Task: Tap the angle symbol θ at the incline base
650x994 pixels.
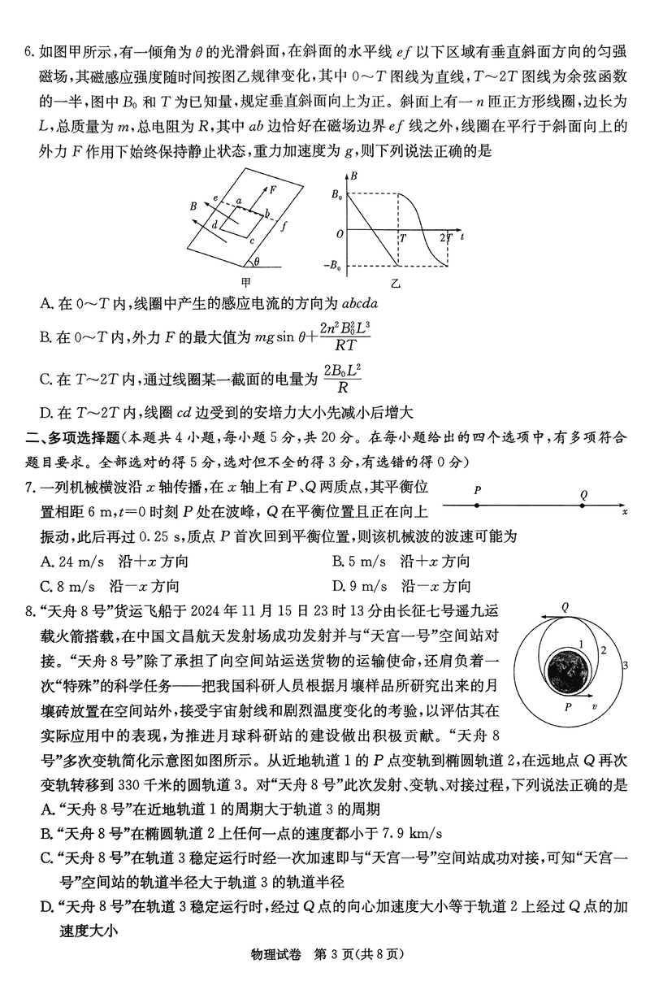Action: pyautogui.click(x=257, y=263)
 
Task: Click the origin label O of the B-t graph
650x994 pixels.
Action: pyautogui.click(x=339, y=234)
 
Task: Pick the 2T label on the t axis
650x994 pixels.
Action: pyautogui.click(x=446, y=238)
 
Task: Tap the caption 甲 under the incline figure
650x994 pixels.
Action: pyautogui.click(x=246, y=283)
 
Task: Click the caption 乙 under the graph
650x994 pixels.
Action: pyautogui.click(x=396, y=283)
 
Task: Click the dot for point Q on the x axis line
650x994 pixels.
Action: pyautogui.click(x=584, y=506)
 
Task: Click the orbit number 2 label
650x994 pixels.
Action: pyautogui.click(x=604, y=649)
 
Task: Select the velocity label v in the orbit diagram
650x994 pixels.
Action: pyautogui.click(x=596, y=707)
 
